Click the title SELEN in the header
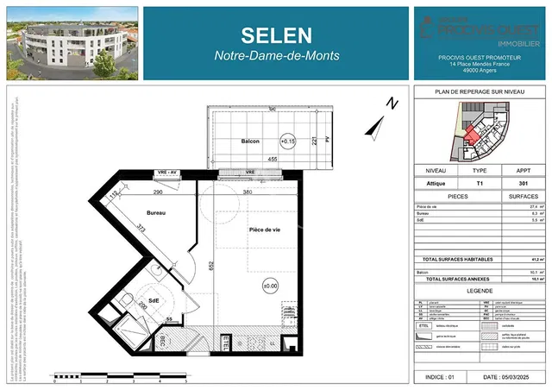coord(277,34)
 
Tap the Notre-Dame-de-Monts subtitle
coord(277,55)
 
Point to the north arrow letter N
coord(392,104)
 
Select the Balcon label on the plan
coord(250,141)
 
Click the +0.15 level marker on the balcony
coord(287,140)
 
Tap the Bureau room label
coord(155,211)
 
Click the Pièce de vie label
coord(265,230)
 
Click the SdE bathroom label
coord(154,300)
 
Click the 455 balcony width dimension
coord(272,160)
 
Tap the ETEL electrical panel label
coord(227,343)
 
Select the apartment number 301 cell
coord(523,183)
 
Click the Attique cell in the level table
coord(436,183)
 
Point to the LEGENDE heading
coord(480,292)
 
